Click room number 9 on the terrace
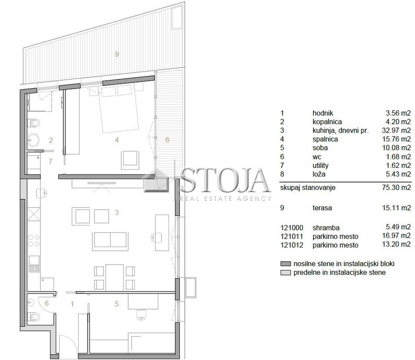click(117, 54)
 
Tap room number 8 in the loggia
click(167, 139)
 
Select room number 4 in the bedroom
click(117, 139)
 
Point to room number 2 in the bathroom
click(51, 140)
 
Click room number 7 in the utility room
click(50, 161)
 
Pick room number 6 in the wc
click(47, 303)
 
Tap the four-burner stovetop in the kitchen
click(34, 241)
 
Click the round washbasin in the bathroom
click(33, 139)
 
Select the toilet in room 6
click(33, 316)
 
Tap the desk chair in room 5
click(142, 315)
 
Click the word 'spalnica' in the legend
click(325, 139)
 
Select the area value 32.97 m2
click(396, 130)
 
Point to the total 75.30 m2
click(396, 188)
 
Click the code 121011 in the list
click(292, 236)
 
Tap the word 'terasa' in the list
click(322, 208)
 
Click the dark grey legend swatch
click(286, 264)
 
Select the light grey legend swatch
click(286, 273)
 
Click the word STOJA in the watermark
click(225, 180)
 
